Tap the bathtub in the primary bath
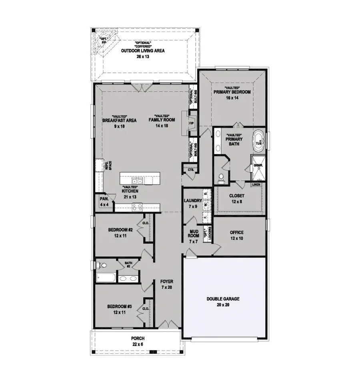[258, 142]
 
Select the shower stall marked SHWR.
[256, 168]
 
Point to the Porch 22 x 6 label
[137, 341]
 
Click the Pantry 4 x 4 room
[104, 201]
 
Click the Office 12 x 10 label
[237, 235]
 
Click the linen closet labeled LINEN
[256, 185]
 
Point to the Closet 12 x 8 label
[237, 199]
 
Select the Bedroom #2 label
[120, 233]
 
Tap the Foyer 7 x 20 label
[166, 284]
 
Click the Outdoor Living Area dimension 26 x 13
[143, 56]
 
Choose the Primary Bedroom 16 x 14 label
[232, 95]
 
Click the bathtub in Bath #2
[105, 278]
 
